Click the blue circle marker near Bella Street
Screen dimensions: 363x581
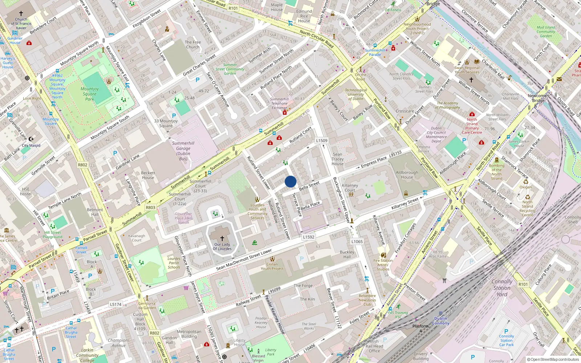click(290, 181)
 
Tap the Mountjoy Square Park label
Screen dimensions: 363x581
click(90, 94)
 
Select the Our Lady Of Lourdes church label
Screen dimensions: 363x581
click(222, 246)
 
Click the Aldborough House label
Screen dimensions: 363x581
click(407, 175)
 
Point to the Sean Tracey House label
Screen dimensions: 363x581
click(337, 159)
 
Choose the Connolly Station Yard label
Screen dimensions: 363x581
click(502, 288)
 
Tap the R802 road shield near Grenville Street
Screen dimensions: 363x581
click(83, 165)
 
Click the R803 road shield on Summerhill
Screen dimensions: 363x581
click(150, 208)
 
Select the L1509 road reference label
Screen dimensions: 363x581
click(321, 140)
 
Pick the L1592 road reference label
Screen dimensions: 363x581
click(308, 237)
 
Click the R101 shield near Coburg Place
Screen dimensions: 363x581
click(523, 284)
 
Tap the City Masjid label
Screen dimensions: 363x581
click(31, 145)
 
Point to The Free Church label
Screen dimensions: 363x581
click(192, 44)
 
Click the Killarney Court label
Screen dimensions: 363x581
click(350, 188)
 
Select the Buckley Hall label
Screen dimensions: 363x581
click(347, 254)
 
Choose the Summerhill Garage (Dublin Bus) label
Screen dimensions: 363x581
click(183, 151)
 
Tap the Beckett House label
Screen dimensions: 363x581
click(148, 175)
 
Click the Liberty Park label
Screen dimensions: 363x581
click(271, 352)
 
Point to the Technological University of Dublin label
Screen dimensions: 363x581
click(356, 94)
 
